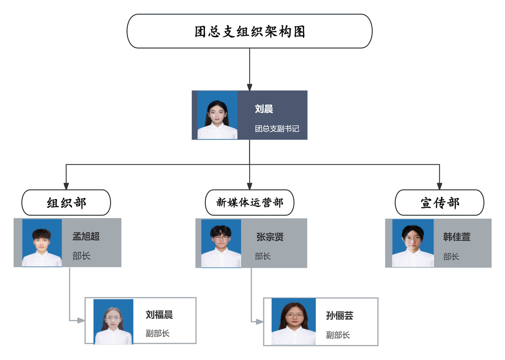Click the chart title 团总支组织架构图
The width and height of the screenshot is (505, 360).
(x=250, y=31)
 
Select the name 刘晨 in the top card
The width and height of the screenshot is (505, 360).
(x=264, y=109)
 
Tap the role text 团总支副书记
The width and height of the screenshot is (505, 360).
(x=277, y=129)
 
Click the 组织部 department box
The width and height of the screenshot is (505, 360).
(x=66, y=203)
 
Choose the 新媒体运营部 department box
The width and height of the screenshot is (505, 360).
(x=250, y=203)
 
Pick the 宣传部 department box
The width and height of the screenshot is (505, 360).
(x=439, y=203)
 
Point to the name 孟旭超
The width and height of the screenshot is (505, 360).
(x=86, y=236)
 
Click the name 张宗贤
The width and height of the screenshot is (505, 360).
(x=270, y=237)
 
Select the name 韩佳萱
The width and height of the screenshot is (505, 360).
(x=457, y=237)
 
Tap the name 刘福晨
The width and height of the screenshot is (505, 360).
(x=159, y=315)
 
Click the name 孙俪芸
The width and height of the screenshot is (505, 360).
(x=340, y=316)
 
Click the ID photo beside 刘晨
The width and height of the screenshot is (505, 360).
(x=217, y=115)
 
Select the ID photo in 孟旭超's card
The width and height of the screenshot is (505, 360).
(x=42, y=243)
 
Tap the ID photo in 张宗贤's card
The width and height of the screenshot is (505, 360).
(x=221, y=243)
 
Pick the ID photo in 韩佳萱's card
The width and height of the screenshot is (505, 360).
(x=413, y=243)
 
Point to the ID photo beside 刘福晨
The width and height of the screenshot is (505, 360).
(x=113, y=321)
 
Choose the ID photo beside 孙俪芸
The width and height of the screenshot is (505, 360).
(x=294, y=321)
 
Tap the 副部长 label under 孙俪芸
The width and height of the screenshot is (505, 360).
(x=338, y=335)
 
